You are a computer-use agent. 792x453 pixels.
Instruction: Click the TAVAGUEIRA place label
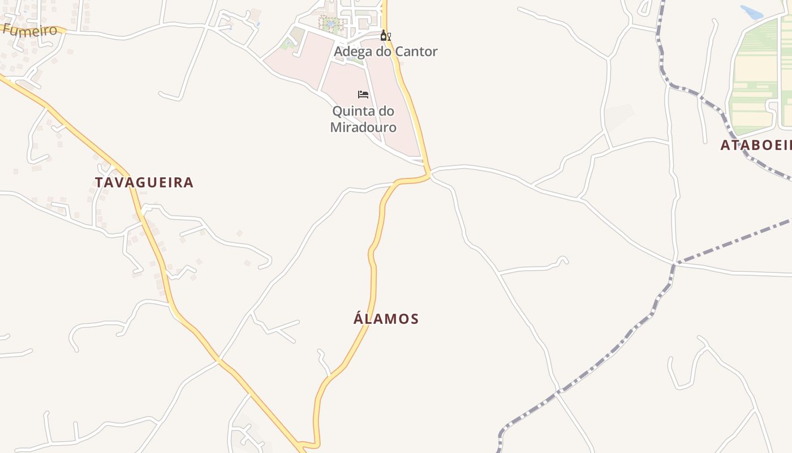click(x=144, y=182)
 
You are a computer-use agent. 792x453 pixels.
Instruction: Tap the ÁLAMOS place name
click(x=386, y=319)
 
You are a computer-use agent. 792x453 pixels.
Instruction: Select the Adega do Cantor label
click(x=386, y=52)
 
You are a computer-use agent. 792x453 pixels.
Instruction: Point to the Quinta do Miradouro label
click(x=363, y=119)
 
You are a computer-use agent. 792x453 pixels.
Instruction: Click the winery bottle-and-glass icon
click(x=385, y=36)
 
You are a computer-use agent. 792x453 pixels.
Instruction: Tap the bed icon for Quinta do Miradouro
click(x=363, y=94)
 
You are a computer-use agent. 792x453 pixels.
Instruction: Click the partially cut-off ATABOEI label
click(x=756, y=145)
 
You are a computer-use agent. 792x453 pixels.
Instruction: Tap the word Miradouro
click(x=363, y=127)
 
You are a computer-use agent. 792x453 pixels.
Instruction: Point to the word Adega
click(x=353, y=52)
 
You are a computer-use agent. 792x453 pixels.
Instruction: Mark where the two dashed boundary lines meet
click(x=674, y=264)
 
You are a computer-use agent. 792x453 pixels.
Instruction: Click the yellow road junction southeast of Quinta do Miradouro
click(x=429, y=173)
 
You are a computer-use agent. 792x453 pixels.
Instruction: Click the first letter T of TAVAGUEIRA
click(x=99, y=182)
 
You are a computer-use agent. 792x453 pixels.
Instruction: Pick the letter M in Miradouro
click(x=335, y=127)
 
